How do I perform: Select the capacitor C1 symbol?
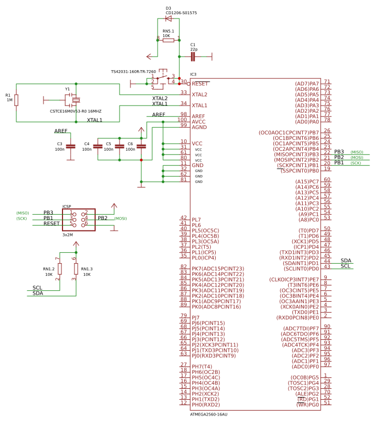pyautogui.click(x=193, y=56)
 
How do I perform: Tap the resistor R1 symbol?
pyautogui.click(x=16, y=100)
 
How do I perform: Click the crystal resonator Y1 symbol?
pyautogui.click(x=73, y=100)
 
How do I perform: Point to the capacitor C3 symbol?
pyautogui.click(x=70, y=146)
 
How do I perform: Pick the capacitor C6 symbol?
pyautogui.click(x=141, y=146)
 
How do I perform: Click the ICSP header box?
pyautogui.click(x=79, y=219)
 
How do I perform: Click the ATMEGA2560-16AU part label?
pyautogui.click(x=209, y=414)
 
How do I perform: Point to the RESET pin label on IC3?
pyautogui.click(x=200, y=84)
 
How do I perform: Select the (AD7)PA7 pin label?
pyautogui.click(x=307, y=84)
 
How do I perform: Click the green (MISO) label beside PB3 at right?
pyautogui.click(x=357, y=152)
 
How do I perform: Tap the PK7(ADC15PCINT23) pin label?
pyautogui.click(x=218, y=269)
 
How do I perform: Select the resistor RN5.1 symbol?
pyautogui.click(x=168, y=40)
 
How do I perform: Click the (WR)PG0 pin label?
pyautogui.click(x=308, y=405)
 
